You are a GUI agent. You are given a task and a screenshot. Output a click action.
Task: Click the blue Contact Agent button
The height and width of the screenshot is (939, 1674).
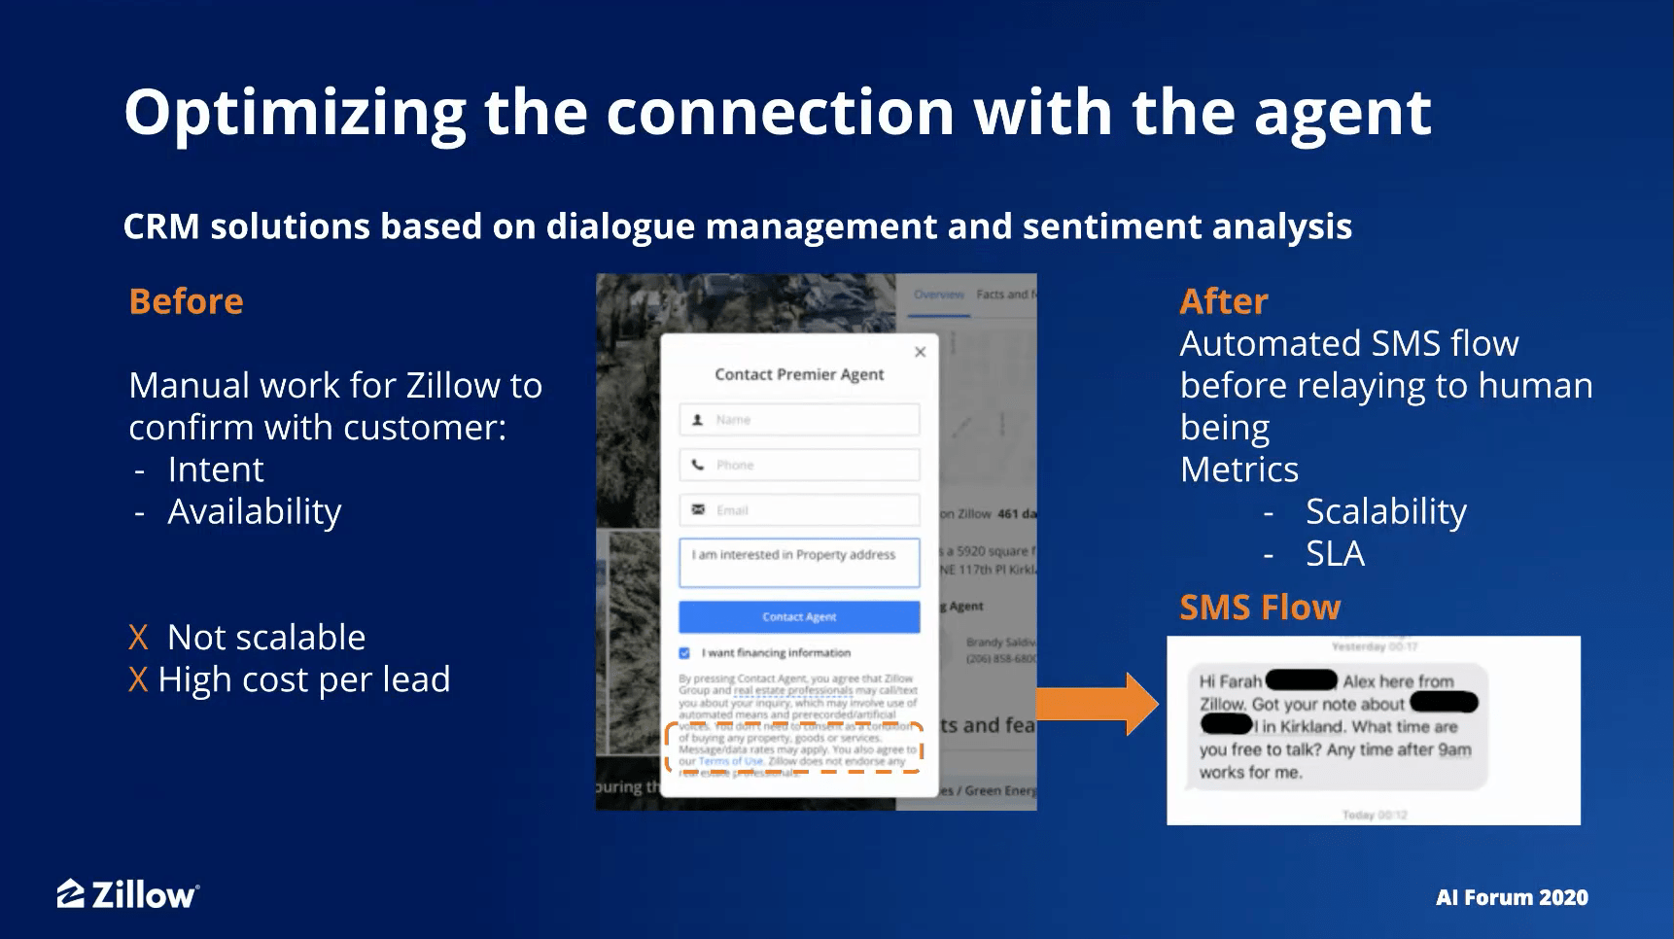click(x=799, y=617)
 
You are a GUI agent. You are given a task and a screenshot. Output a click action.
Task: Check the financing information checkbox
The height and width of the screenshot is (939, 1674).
click(x=684, y=653)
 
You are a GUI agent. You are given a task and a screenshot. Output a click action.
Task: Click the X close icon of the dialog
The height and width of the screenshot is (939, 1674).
click(x=920, y=352)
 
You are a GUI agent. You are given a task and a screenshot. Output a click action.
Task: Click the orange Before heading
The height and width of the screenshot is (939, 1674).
click(x=186, y=301)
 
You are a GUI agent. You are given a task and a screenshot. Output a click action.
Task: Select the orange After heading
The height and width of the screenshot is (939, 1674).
click(x=1223, y=301)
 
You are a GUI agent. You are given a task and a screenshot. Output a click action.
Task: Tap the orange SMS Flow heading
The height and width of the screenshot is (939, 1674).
click(x=1259, y=608)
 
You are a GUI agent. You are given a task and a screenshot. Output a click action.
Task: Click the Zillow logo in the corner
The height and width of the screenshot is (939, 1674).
click(x=127, y=894)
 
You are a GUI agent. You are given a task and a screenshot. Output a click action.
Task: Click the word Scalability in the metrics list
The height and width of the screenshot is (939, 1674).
click(x=1385, y=511)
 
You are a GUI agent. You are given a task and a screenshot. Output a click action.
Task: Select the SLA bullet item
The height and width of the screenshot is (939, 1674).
click(x=1335, y=553)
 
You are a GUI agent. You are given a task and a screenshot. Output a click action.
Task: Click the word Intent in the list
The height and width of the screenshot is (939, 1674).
click(x=215, y=469)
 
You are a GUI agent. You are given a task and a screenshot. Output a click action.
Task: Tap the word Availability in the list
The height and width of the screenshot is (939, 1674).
click(x=254, y=511)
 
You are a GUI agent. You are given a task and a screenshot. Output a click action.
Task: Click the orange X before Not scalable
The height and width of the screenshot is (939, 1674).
click(x=138, y=638)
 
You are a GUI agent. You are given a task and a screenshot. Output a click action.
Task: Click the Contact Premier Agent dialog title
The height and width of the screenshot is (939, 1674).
click(x=799, y=374)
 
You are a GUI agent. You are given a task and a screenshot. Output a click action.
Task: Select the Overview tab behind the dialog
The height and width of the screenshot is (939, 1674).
click(x=938, y=295)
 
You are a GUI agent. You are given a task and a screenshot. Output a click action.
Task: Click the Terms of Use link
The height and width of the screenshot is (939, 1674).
click(x=730, y=761)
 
